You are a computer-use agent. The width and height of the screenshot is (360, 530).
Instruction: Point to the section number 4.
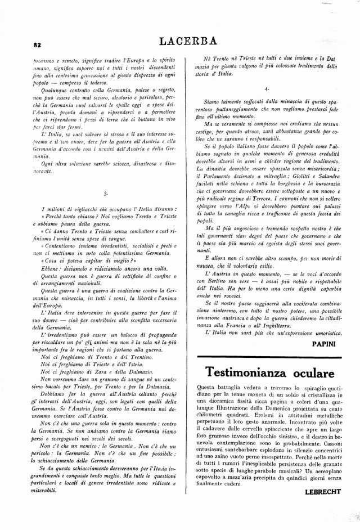pyautogui.click(x=266, y=88)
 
